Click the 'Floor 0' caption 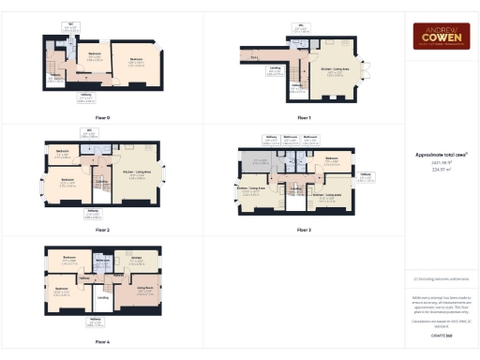click(102, 117)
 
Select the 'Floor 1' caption click(303, 117)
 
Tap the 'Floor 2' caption click(102, 229)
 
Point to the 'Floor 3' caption click(303, 229)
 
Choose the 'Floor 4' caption click(102, 341)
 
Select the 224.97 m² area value click(442, 172)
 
